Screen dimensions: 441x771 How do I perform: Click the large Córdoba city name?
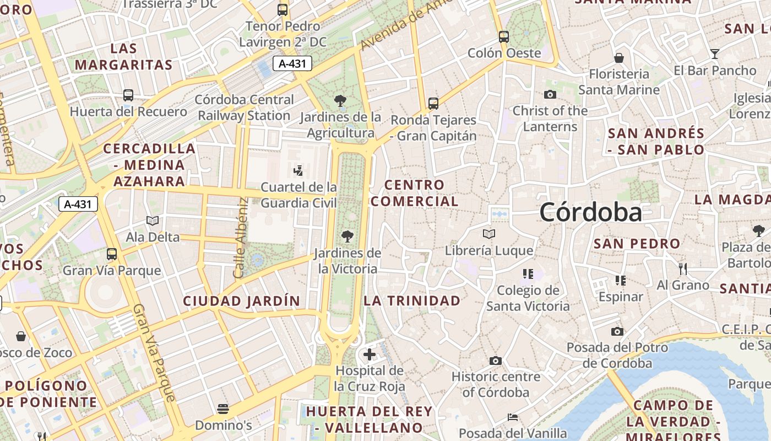click(590, 212)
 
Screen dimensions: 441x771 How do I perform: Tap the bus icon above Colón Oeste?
click(504, 37)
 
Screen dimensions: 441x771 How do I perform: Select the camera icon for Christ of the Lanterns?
click(550, 94)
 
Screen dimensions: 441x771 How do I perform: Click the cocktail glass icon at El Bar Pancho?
click(715, 53)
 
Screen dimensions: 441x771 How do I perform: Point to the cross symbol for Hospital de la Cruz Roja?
click(370, 354)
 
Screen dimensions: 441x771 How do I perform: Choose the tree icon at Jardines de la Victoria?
click(348, 236)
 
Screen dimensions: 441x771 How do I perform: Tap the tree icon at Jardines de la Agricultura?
click(340, 101)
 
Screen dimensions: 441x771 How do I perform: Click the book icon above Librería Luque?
click(489, 234)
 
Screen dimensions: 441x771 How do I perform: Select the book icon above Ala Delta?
click(153, 220)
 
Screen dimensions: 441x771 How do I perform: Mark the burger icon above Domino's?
click(223, 408)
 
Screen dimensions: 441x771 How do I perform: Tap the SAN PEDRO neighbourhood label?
click(637, 243)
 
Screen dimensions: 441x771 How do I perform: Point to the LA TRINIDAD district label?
click(412, 300)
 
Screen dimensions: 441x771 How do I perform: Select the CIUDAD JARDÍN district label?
click(241, 301)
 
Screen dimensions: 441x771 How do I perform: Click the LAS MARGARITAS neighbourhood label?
click(123, 56)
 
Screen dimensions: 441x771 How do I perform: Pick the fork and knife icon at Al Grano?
click(683, 268)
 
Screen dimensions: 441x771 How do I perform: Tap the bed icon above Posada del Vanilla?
click(513, 417)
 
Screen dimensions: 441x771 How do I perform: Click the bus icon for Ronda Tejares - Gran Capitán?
click(433, 103)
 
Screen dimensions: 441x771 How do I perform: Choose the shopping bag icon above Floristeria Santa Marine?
click(619, 57)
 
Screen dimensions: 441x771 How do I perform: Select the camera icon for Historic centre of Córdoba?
click(496, 361)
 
